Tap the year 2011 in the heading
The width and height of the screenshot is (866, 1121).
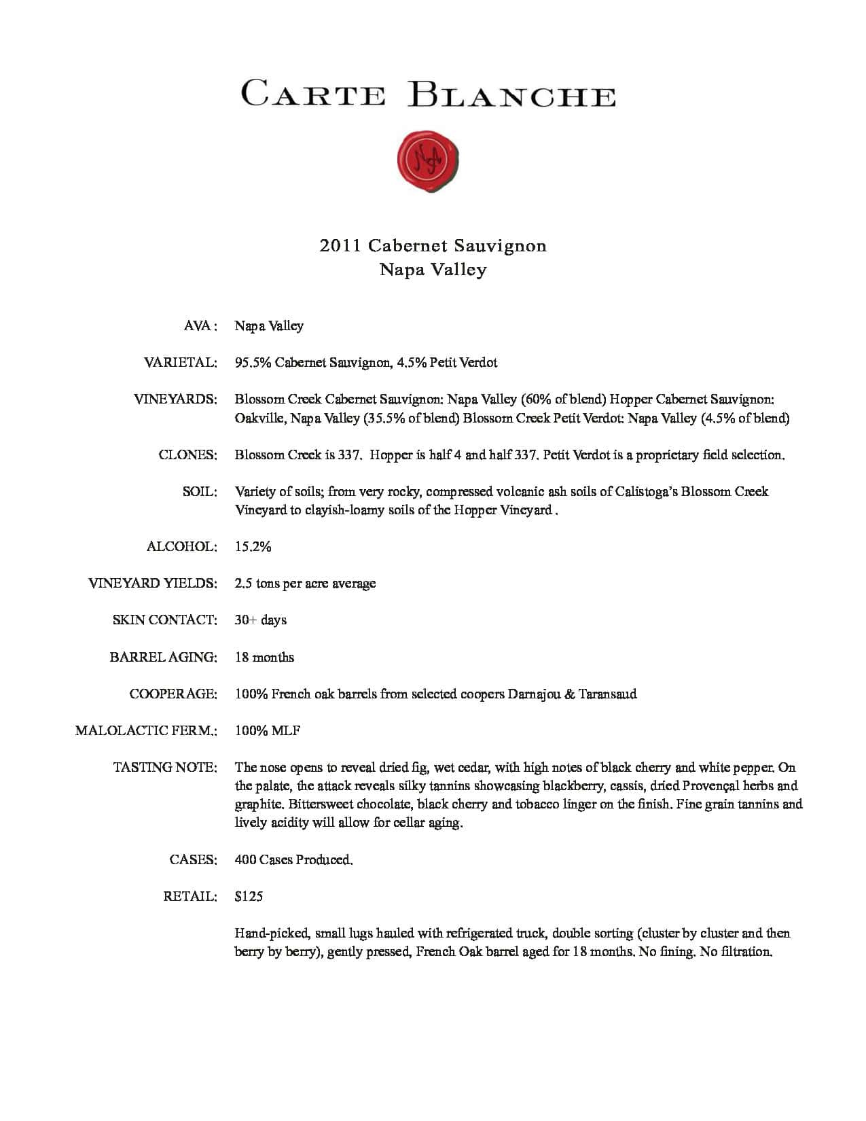click(340, 245)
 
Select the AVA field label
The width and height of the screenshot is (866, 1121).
click(200, 326)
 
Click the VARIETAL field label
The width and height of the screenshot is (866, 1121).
click(180, 363)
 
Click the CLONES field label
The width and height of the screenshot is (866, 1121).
click(187, 455)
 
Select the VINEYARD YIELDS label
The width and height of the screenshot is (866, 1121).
click(153, 584)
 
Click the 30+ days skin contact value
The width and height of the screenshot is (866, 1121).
click(261, 620)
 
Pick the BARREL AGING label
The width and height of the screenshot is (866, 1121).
click(163, 658)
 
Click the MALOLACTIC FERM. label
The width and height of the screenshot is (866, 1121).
click(146, 731)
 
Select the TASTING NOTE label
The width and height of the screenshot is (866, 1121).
click(165, 768)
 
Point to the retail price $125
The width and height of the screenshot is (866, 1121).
click(249, 897)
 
